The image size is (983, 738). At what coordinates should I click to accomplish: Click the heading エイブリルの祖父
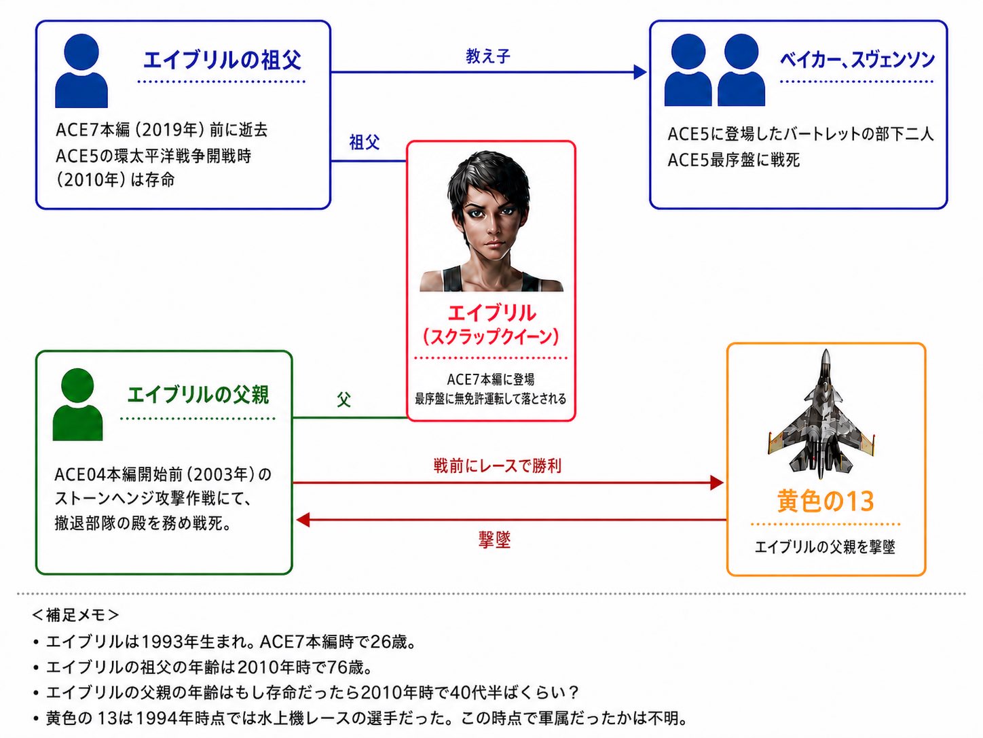click(x=222, y=60)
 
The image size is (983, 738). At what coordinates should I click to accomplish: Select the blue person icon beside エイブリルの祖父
click(x=81, y=71)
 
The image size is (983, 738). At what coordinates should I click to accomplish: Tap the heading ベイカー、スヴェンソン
click(x=857, y=60)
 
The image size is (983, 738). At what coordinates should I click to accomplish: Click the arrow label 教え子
click(x=487, y=56)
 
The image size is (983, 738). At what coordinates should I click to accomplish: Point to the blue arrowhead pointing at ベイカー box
click(x=640, y=72)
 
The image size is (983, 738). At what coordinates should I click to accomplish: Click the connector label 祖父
click(x=364, y=142)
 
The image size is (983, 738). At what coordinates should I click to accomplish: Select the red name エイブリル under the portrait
click(x=491, y=313)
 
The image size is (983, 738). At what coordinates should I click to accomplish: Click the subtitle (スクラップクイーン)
click(x=491, y=336)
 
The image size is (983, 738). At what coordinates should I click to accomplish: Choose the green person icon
click(x=78, y=404)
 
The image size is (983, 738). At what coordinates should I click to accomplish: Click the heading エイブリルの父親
click(x=198, y=396)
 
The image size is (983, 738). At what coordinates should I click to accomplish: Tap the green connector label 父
click(x=344, y=399)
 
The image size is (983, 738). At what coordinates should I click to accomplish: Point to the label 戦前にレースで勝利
click(x=497, y=465)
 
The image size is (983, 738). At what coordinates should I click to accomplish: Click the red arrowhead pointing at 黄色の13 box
click(x=717, y=482)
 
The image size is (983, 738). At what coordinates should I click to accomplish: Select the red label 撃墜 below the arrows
click(x=494, y=540)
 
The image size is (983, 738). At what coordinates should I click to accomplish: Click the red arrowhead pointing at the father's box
click(x=303, y=520)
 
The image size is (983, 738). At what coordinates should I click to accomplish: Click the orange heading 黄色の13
click(x=826, y=501)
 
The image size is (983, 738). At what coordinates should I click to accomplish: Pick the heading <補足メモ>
click(x=75, y=615)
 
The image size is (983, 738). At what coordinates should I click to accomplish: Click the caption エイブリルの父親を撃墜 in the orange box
click(x=825, y=546)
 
